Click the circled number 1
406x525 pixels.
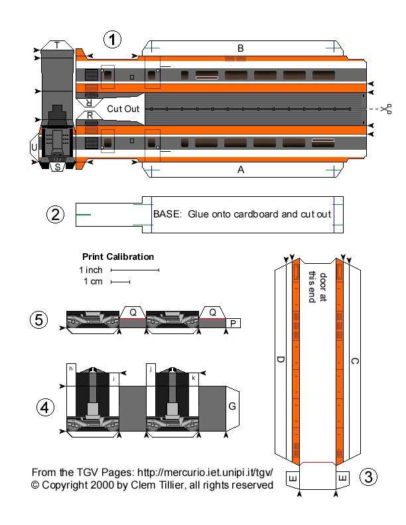click(x=113, y=40)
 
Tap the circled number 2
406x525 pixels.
click(x=56, y=214)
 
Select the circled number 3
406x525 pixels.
click(x=368, y=477)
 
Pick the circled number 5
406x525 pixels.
click(x=39, y=320)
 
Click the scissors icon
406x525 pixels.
click(x=387, y=108)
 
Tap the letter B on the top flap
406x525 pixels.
click(x=241, y=48)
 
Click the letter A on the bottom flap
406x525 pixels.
click(x=241, y=170)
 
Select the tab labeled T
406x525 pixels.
click(x=57, y=45)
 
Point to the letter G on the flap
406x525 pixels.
click(x=232, y=405)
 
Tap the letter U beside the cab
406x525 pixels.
click(x=34, y=146)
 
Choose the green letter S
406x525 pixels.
click(x=58, y=167)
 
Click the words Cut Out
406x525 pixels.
click(x=123, y=108)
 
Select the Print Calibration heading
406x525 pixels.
click(x=118, y=257)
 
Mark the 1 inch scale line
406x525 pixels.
click(x=135, y=270)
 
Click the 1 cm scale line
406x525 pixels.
click(x=120, y=282)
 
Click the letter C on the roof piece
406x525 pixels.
click(x=354, y=361)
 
